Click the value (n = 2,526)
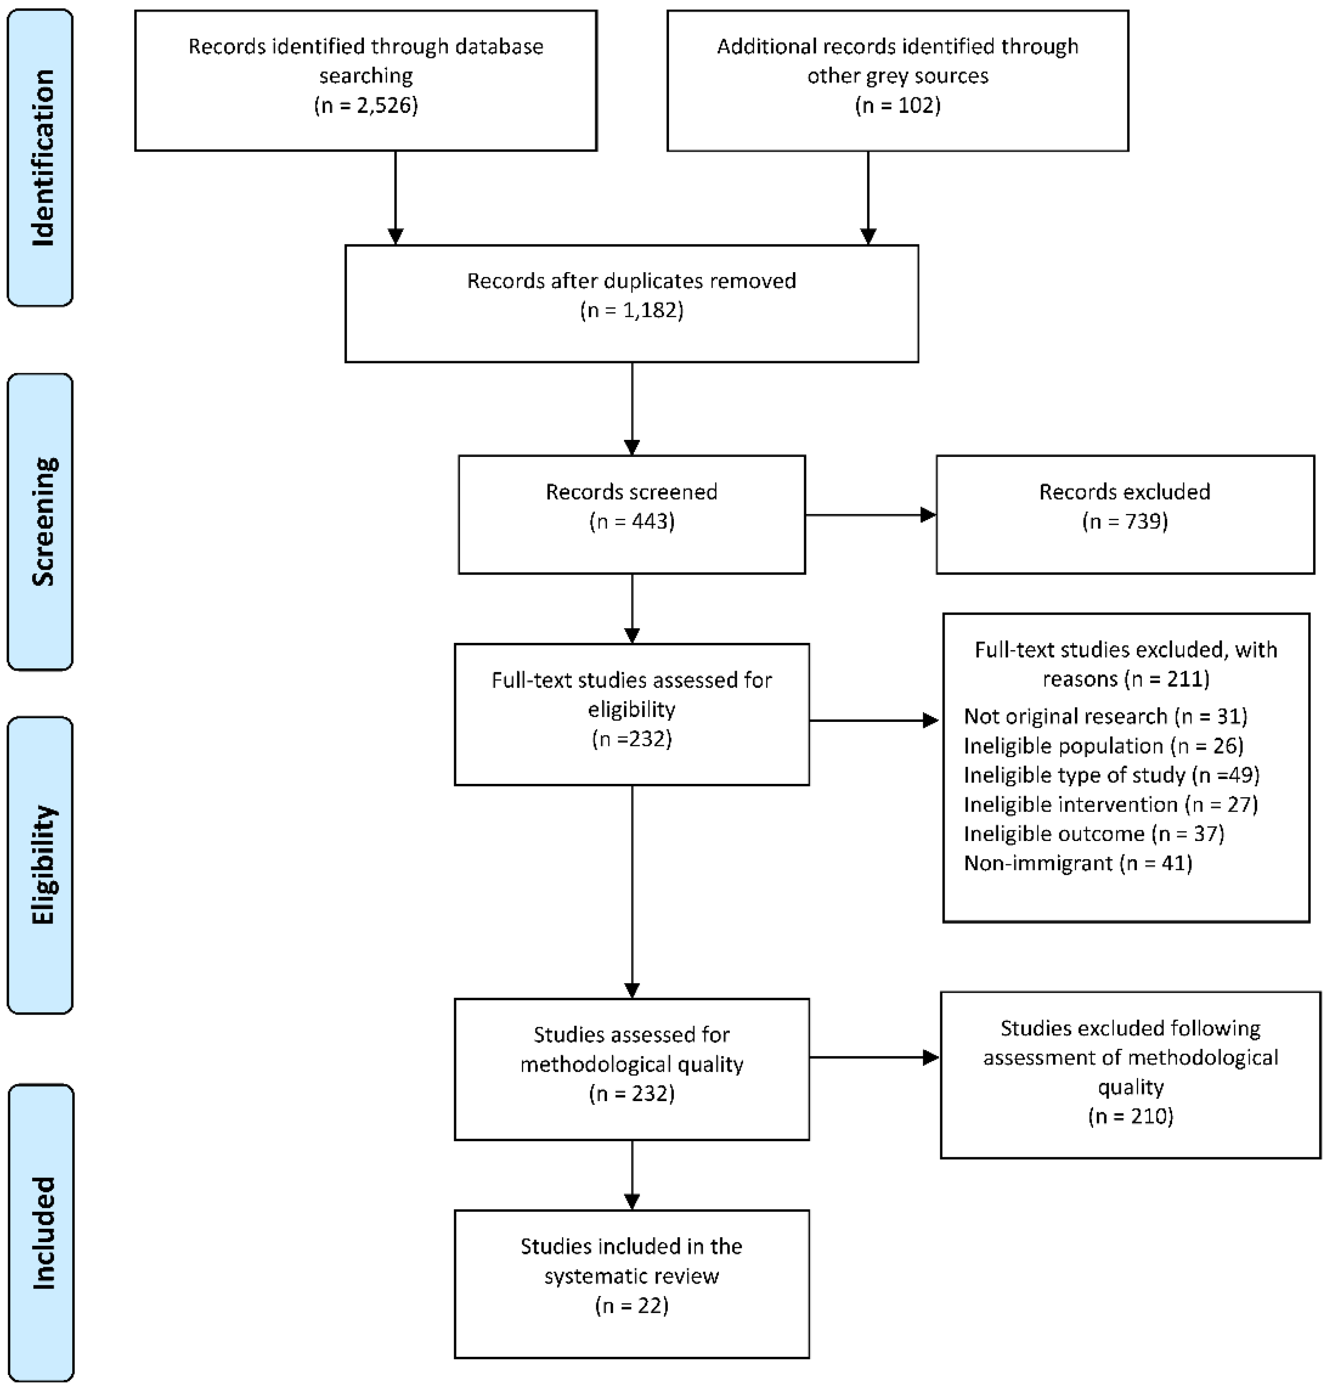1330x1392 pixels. (366, 106)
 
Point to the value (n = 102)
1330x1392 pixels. (897, 106)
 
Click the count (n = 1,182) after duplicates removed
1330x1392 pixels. (631, 311)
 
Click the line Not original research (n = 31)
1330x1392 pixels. (1105, 716)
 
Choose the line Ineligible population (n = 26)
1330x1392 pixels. (1103, 746)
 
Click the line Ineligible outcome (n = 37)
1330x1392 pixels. (1093, 833)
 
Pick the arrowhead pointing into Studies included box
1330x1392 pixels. (632, 1201)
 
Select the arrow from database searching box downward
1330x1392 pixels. (396, 195)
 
